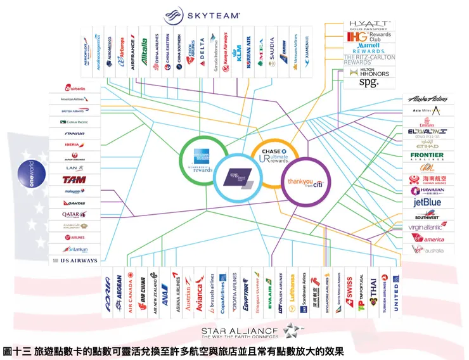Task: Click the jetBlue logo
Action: [x=427, y=203]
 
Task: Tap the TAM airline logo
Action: [x=75, y=179]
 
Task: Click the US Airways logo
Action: [x=75, y=260]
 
